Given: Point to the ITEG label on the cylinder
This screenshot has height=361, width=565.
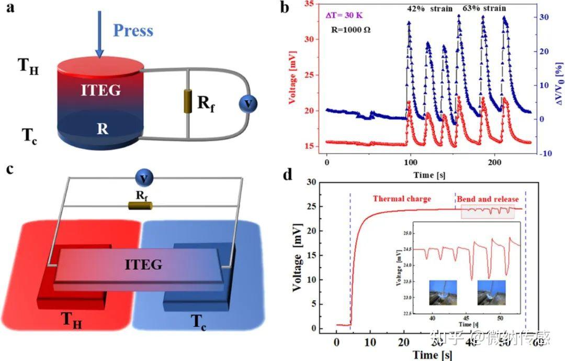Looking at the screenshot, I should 101,91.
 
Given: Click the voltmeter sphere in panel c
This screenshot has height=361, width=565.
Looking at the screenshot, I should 143,179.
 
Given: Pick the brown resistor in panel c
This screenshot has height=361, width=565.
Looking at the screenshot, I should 140,205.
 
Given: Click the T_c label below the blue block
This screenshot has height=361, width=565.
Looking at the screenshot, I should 198,319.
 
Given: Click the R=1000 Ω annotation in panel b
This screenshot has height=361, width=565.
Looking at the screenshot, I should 352,30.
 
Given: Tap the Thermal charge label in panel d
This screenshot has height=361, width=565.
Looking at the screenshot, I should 402,199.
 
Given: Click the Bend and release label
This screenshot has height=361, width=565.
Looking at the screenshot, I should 488,199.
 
